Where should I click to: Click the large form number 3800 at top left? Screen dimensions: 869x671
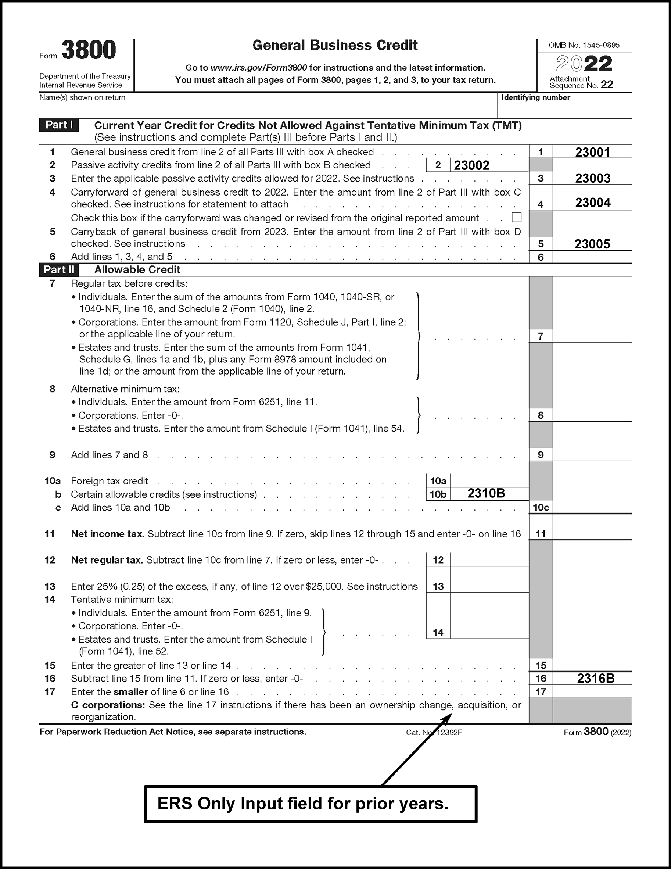tap(89, 50)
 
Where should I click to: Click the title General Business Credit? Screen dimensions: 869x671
tap(335, 45)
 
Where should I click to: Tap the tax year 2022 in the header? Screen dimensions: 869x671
tap(584, 64)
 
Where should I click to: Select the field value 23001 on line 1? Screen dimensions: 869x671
tap(592, 152)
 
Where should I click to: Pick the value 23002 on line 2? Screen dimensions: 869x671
tap(472, 165)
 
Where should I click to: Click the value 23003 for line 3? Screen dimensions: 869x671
tap(593, 178)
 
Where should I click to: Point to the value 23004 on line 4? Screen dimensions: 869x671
tap(593, 203)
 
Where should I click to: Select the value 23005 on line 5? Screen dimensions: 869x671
tap(592, 244)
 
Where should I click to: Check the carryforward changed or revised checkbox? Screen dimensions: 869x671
tap(516, 217)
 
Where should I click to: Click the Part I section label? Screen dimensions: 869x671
tap(59, 125)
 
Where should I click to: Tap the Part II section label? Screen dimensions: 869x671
tap(59, 270)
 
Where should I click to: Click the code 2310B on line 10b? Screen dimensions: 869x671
tap(486, 493)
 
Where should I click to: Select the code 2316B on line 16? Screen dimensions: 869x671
tap(595, 679)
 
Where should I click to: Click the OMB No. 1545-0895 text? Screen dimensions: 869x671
tap(584, 45)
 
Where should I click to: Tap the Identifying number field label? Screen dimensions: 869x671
tap(535, 97)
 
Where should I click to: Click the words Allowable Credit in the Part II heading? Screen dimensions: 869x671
tap(137, 270)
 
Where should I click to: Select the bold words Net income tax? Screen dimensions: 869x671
tap(107, 534)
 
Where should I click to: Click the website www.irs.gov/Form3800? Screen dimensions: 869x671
tap(259, 68)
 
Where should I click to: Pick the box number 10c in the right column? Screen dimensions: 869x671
tap(541, 508)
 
